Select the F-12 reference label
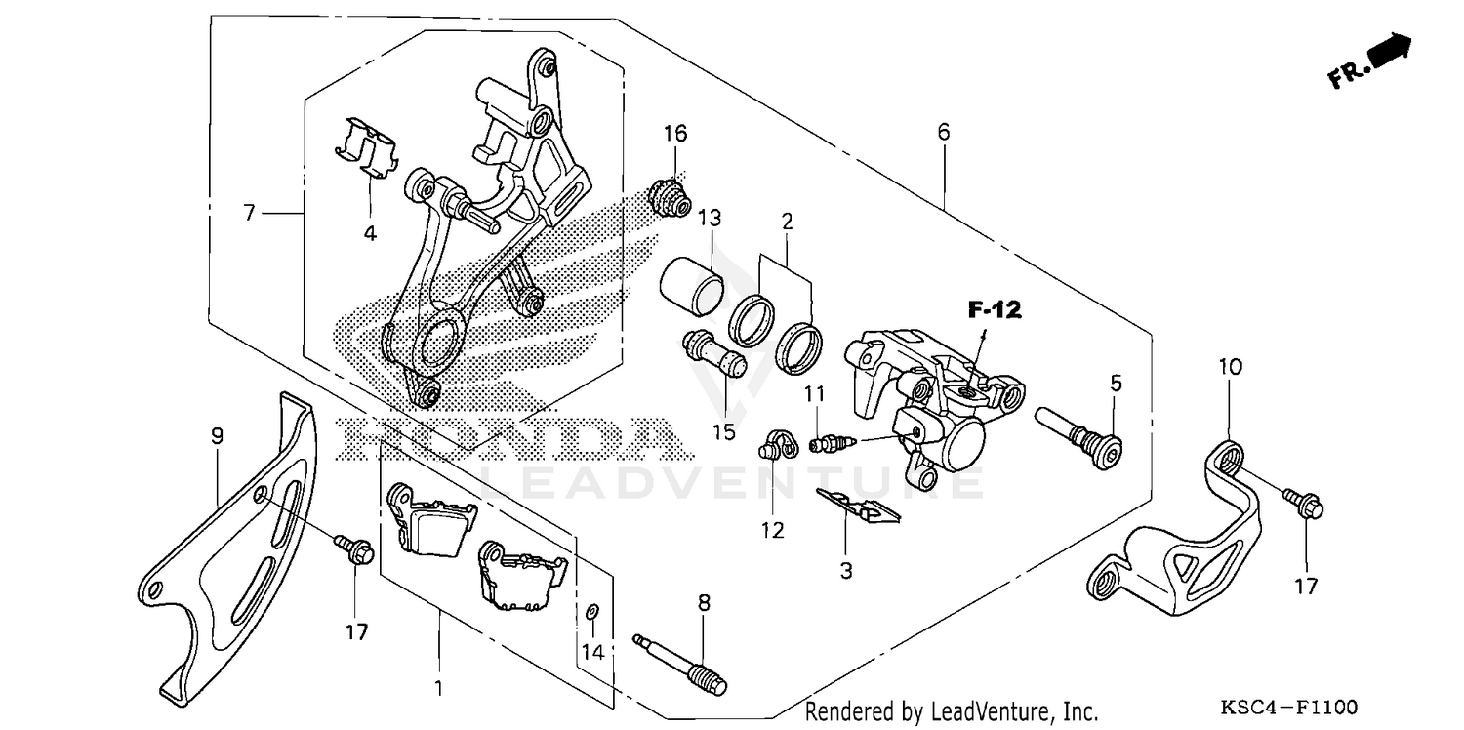click(994, 311)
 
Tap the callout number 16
click(675, 134)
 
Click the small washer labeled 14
click(592, 612)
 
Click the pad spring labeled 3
click(858, 505)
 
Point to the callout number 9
click(217, 437)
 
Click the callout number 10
click(1229, 368)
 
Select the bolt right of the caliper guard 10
click(1303, 504)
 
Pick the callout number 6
click(943, 132)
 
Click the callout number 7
click(250, 212)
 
